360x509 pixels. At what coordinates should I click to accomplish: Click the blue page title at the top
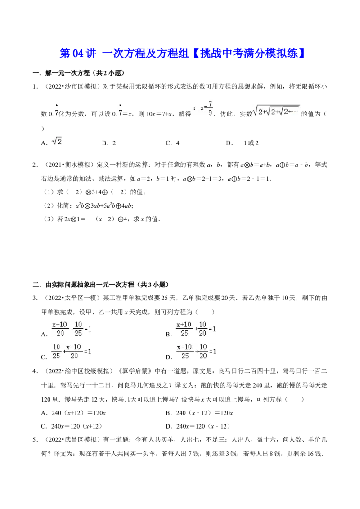point(182,53)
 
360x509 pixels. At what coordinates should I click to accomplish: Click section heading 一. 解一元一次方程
point(78,73)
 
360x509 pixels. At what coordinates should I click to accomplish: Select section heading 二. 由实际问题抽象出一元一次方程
point(101,285)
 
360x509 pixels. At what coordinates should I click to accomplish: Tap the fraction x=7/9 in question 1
point(207,108)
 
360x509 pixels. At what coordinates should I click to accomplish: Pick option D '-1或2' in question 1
point(242,143)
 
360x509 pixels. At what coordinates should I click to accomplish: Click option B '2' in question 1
point(109,143)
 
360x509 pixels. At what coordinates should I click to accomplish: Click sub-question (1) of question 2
point(94,192)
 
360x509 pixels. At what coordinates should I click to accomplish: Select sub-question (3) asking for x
point(102,219)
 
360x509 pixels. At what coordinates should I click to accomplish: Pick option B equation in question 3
point(191,329)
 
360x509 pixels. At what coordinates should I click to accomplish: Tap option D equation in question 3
point(191,352)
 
